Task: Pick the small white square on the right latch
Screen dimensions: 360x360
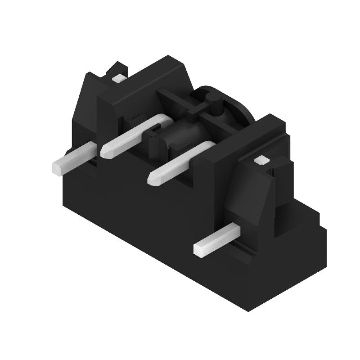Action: [260, 160]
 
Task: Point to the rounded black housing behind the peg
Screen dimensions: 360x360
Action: [234, 106]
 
